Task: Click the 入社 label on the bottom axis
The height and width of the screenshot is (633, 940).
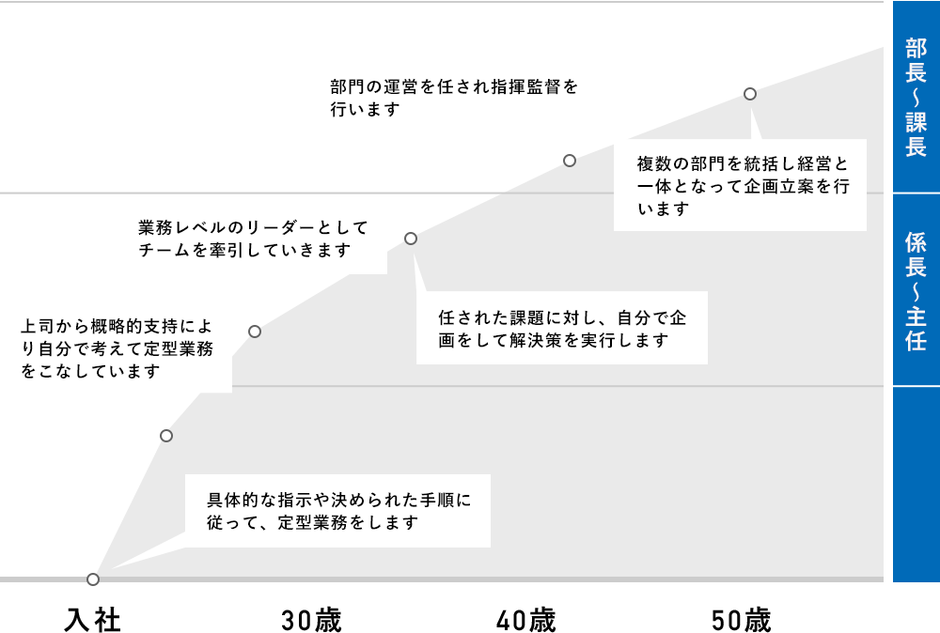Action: (92, 621)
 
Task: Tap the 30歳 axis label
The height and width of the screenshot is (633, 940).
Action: (311, 621)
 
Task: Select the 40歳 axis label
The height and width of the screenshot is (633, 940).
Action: (526, 621)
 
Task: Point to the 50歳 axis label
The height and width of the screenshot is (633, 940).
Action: (742, 621)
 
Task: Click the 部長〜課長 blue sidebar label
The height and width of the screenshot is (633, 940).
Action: (916, 97)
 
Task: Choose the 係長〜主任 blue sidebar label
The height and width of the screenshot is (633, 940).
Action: (916, 290)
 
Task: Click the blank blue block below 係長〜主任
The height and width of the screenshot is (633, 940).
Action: (916, 485)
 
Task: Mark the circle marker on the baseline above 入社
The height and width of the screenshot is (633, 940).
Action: (93, 579)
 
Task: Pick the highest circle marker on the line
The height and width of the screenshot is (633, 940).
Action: (750, 94)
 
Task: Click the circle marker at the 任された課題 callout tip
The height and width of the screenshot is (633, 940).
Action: (411, 239)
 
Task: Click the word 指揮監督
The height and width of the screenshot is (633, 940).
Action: (527, 86)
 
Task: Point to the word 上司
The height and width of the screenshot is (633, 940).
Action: (38, 327)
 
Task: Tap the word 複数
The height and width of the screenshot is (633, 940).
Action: (654, 163)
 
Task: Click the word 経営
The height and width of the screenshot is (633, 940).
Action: (815, 163)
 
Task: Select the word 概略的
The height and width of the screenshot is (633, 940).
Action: (117, 327)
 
